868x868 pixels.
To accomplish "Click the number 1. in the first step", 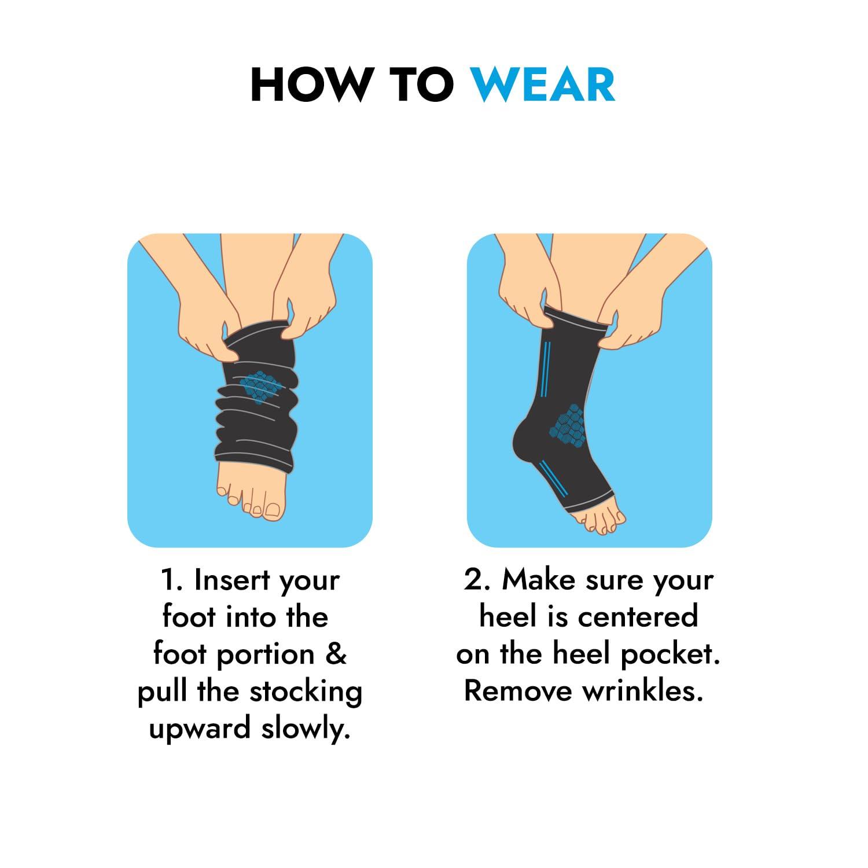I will click(172, 580).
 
